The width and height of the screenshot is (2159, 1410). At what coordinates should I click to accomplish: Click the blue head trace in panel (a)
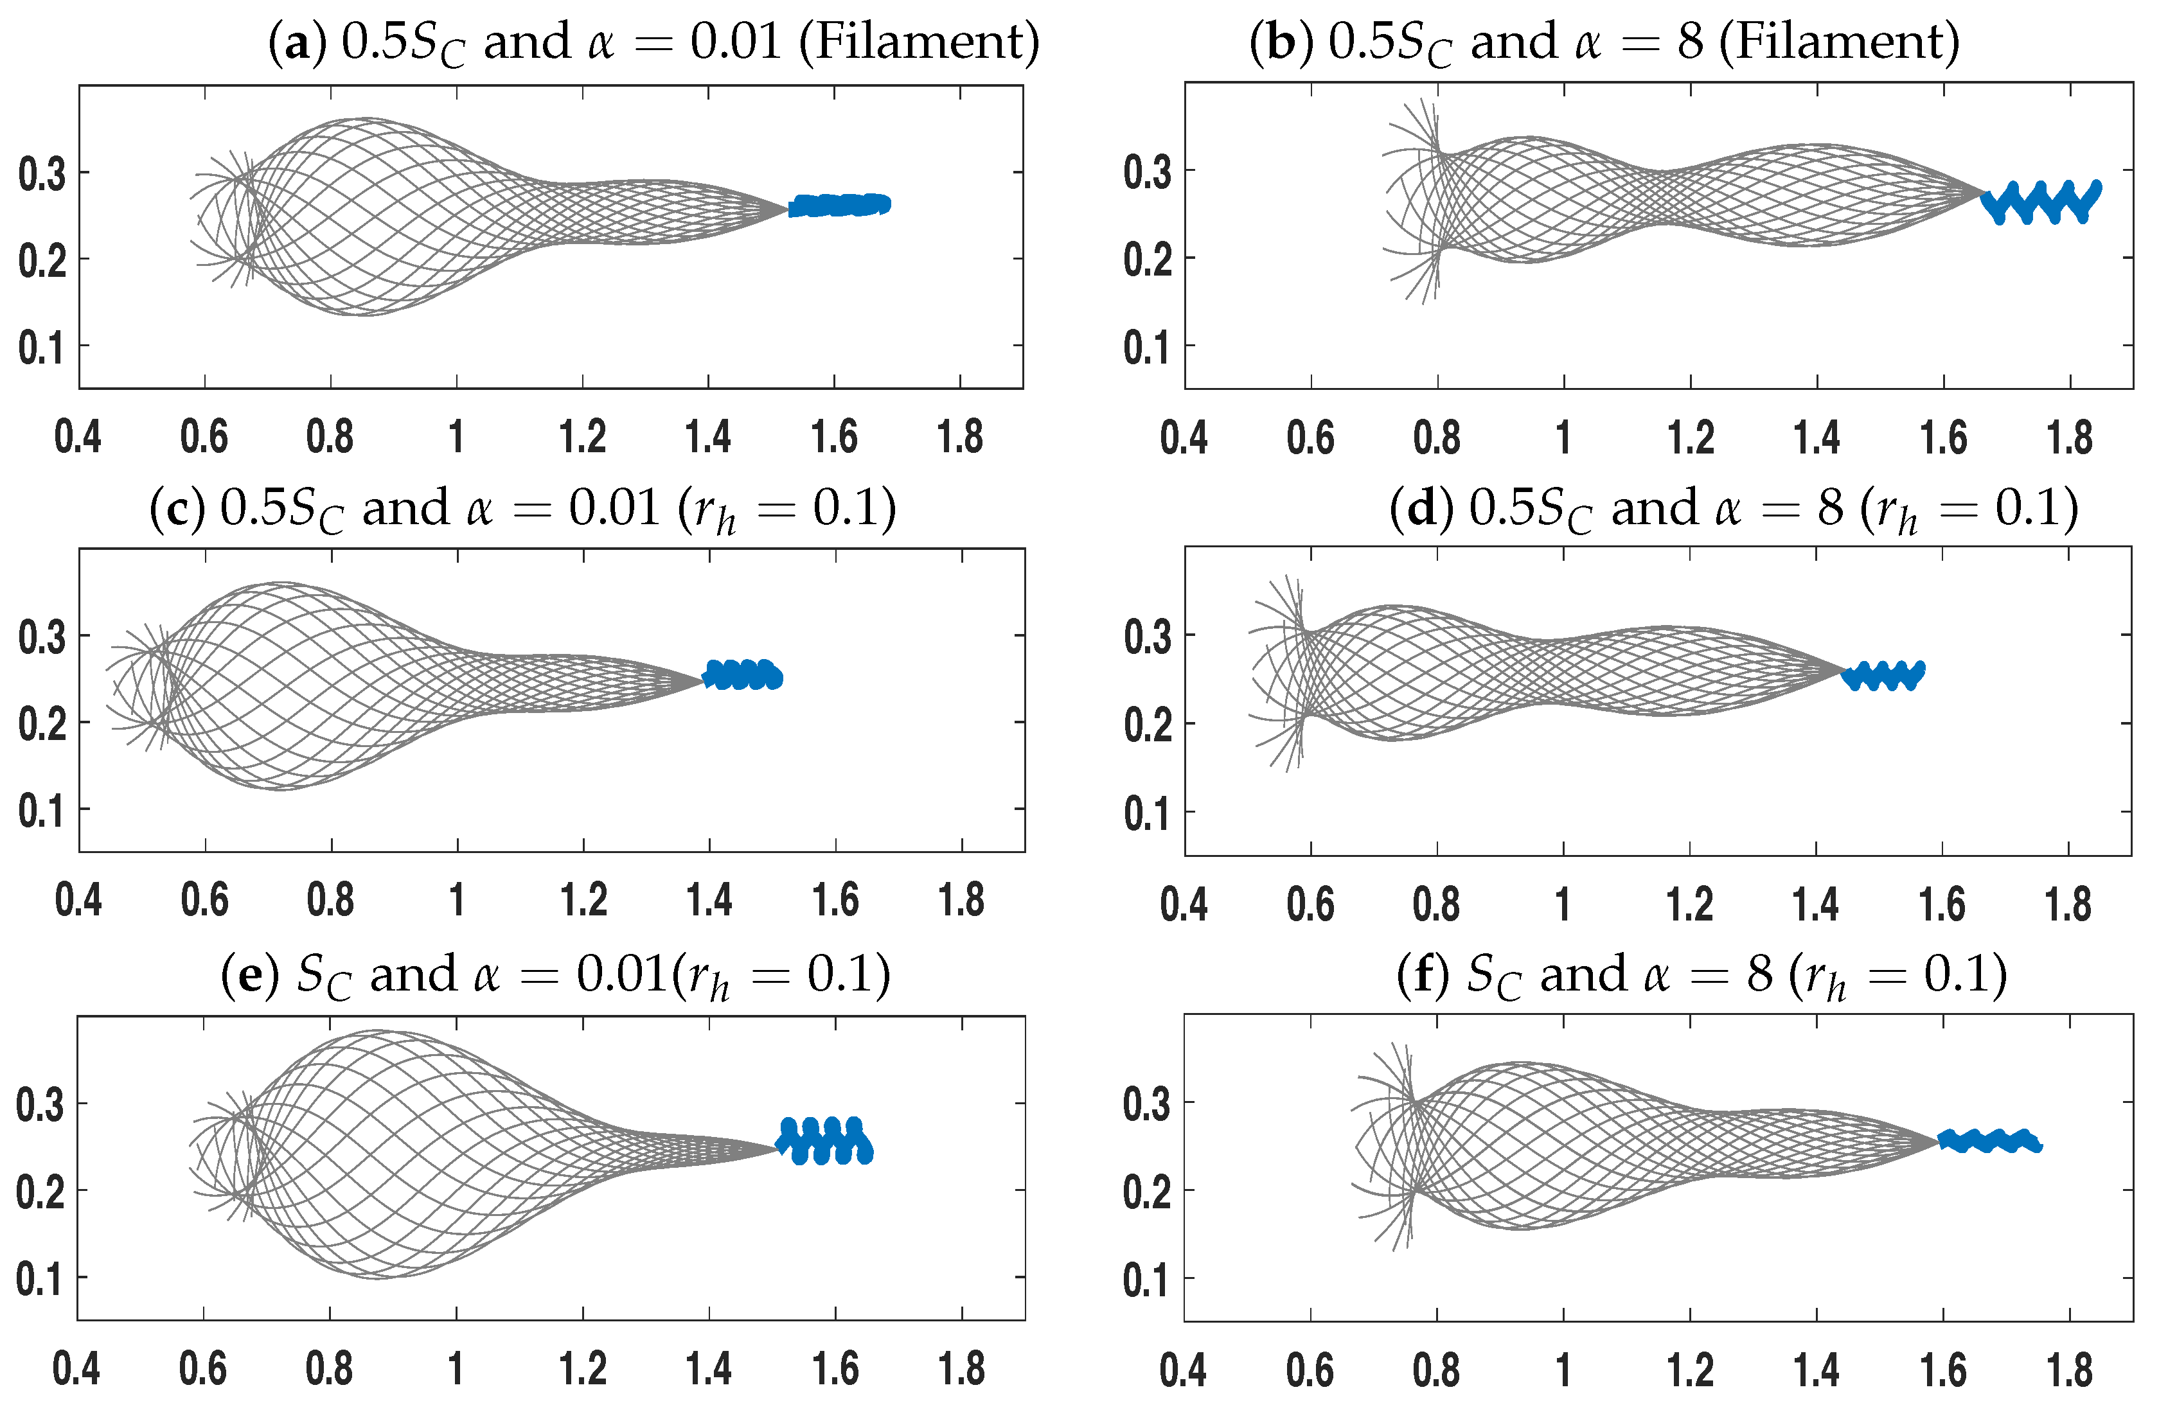click(839, 206)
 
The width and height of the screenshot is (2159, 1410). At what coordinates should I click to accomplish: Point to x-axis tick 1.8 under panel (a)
click(961, 437)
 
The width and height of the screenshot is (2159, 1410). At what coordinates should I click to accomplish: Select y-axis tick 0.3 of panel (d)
click(1148, 637)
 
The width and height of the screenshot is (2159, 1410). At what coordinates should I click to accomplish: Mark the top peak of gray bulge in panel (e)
click(378, 1031)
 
